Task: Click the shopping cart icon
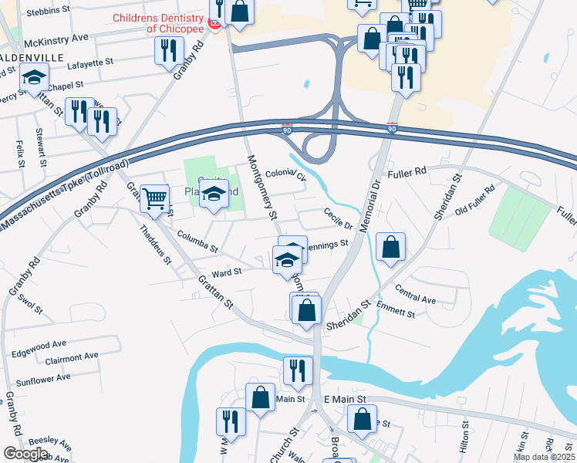point(155,198)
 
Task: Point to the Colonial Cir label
point(285,175)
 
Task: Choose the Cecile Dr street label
point(338,218)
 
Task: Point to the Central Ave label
point(416,294)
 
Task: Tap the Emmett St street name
point(396,309)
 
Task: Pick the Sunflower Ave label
point(43,378)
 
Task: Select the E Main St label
point(349,398)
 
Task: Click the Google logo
point(25,453)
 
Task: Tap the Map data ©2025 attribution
point(544,457)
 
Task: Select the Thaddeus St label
point(155,245)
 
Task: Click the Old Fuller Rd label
point(474,200)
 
